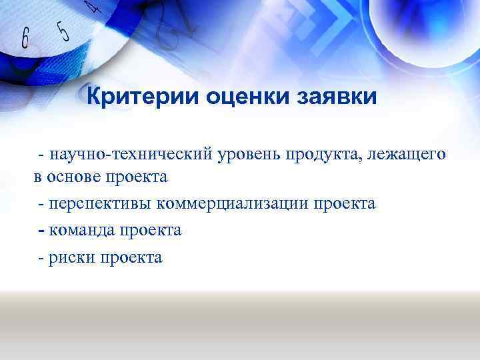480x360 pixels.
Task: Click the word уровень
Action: [249, 155]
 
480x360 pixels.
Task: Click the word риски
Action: [71, 257]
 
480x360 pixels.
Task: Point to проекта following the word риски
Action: [131, 257]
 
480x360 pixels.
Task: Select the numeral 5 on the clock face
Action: [62, 31]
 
